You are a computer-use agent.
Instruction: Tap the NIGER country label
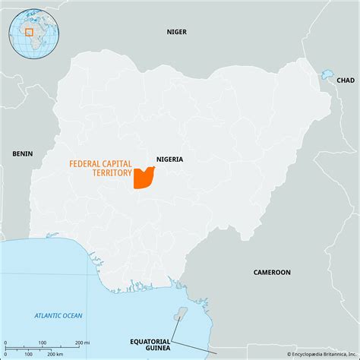(177, 32)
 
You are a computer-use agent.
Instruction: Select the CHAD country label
(345, 80)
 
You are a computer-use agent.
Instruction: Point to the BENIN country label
(22, 153)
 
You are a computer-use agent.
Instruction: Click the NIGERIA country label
(169, 159)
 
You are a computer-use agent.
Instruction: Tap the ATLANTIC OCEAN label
(58, 315)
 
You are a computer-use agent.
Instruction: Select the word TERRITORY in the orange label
(110, 172)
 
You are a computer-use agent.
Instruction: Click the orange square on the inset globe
(29, 32)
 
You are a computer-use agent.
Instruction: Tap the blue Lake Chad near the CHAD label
(327, 75)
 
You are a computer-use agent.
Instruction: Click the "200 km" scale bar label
(55, 354)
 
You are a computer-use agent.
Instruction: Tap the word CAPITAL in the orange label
(116, 163)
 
